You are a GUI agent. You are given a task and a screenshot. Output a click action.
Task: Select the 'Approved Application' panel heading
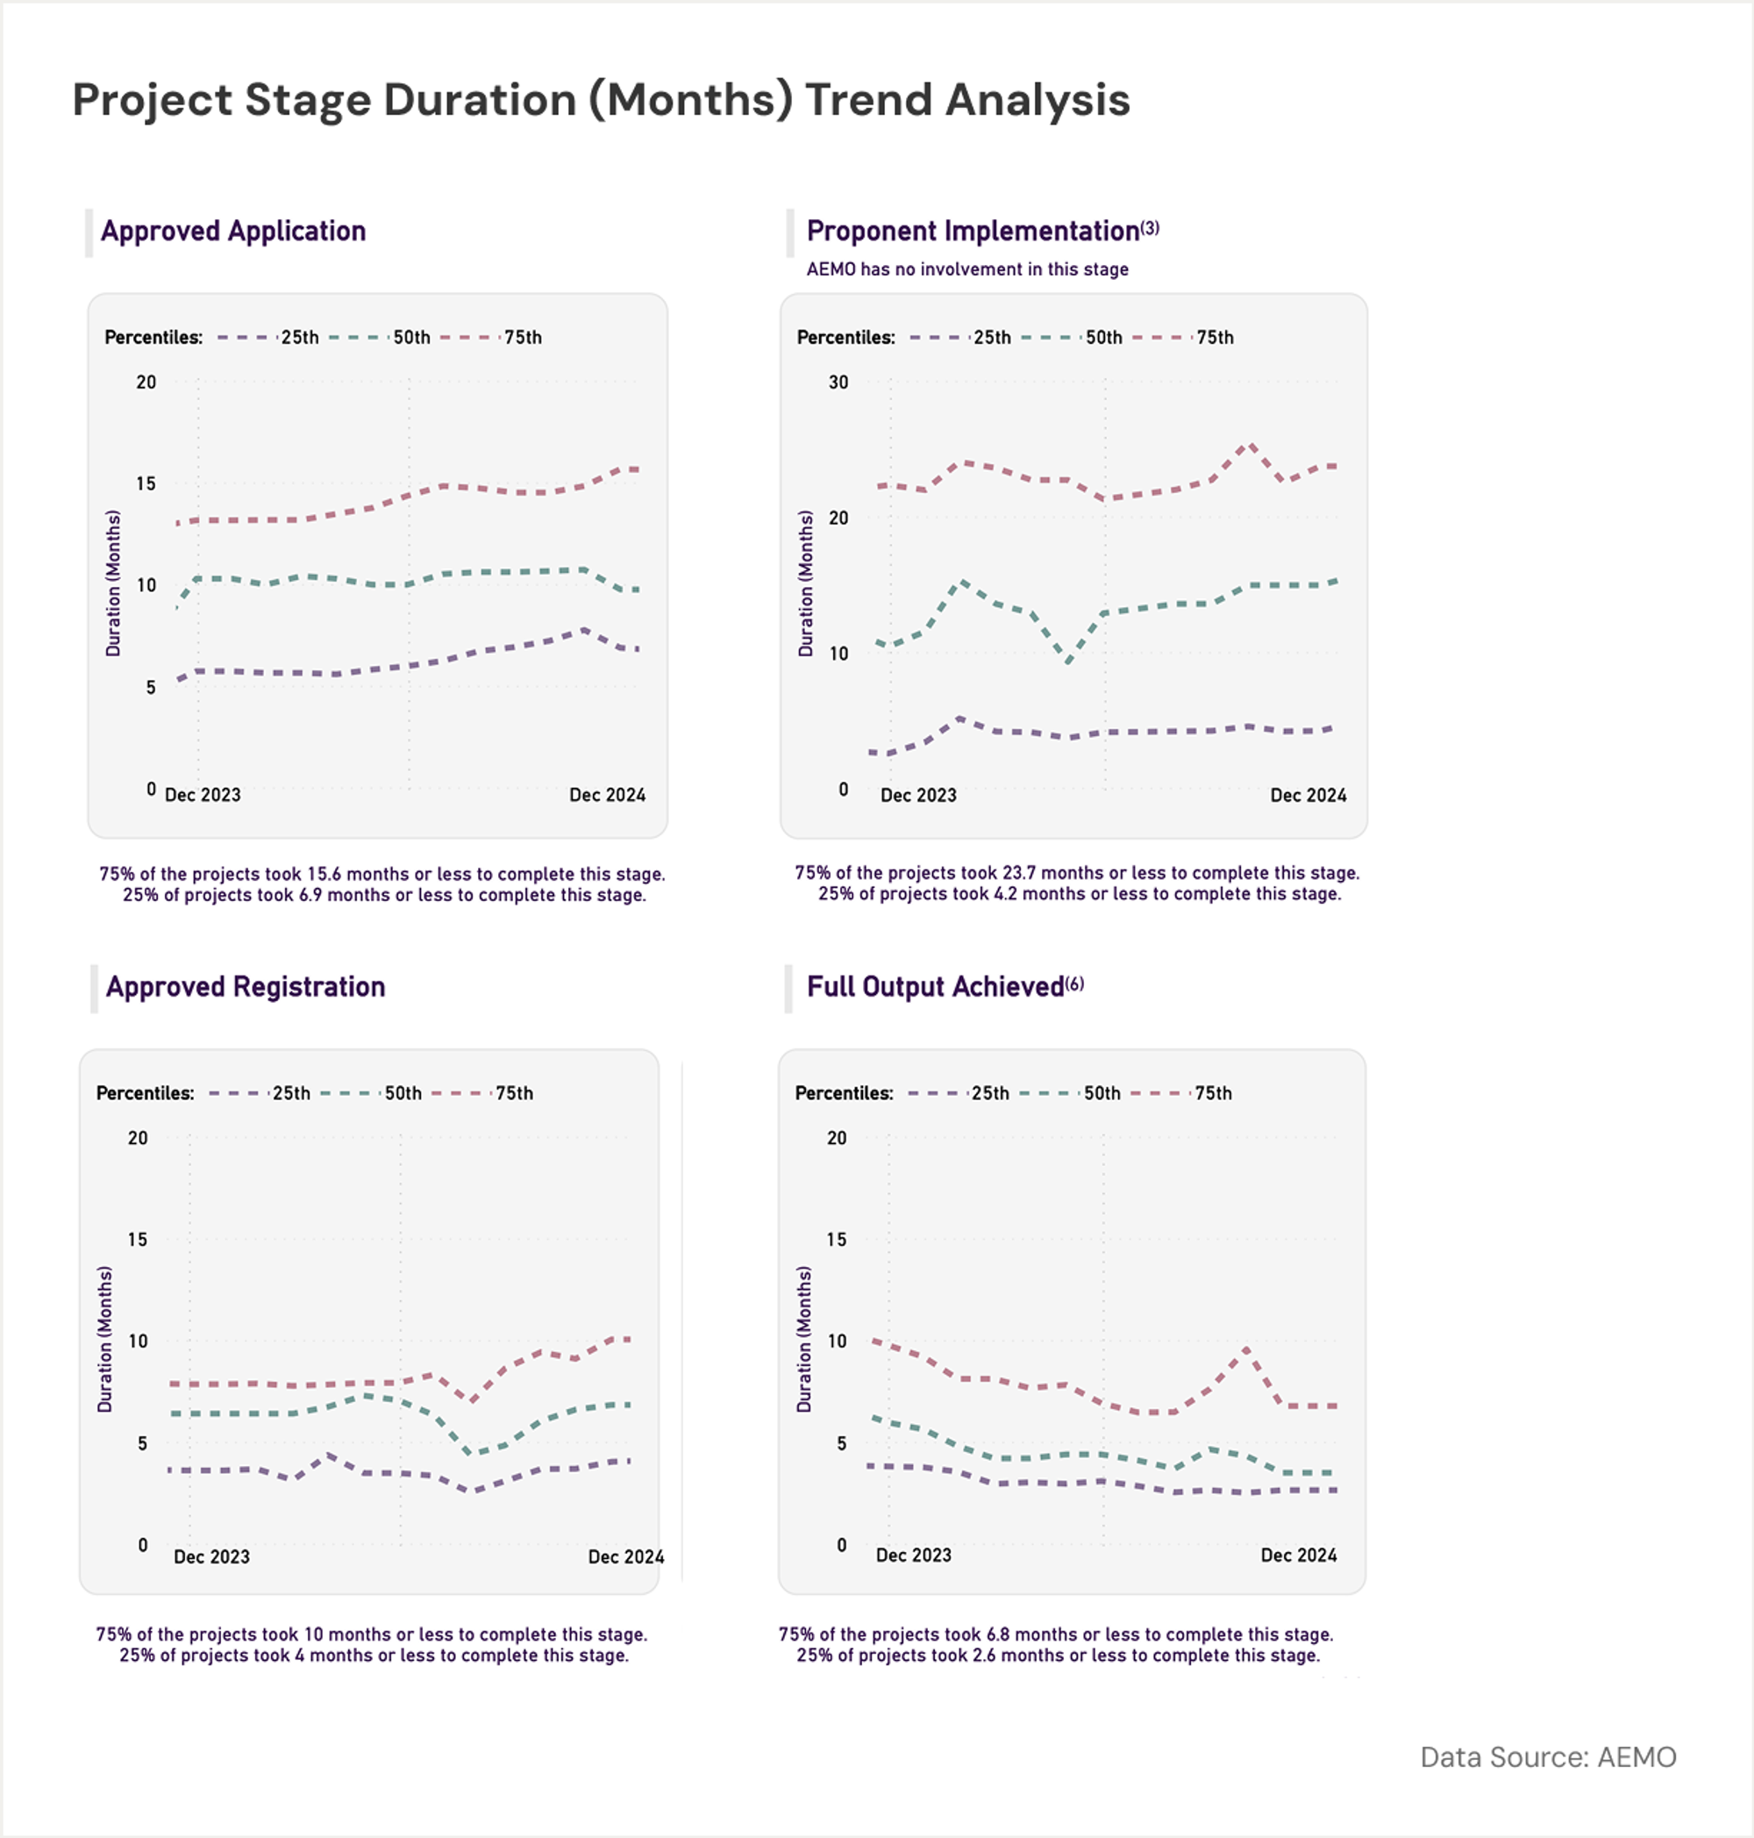[x=232, y=231]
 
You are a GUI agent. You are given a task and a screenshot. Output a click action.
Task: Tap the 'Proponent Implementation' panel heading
[x=973, y=231]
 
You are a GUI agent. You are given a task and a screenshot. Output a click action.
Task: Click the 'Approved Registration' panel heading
[x=245, y=987]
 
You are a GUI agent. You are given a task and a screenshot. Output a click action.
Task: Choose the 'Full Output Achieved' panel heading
[x=935, y=987]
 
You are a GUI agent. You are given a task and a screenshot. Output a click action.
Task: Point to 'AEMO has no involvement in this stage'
[x=966, y=269]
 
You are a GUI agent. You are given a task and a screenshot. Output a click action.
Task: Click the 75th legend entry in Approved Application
[x=522, y=338]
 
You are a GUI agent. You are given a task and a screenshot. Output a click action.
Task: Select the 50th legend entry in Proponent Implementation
[x=1102, y=338]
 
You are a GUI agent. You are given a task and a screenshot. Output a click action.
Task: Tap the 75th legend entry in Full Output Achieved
[x=1212, y=1093]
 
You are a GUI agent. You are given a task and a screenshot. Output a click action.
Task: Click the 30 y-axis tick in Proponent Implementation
[x=838, y=383]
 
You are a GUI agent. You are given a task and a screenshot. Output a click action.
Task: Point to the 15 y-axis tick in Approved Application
[x=146, y=483]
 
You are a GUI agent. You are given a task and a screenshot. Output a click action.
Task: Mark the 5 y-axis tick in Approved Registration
[x=142, y=1443]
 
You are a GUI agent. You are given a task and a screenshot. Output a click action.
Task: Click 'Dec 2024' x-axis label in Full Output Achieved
[x=1298, y=1556]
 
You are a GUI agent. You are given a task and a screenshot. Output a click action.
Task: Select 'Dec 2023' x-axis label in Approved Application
[x=202, y=795]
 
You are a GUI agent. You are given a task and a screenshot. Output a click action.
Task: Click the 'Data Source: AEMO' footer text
[x=1547, y=1757]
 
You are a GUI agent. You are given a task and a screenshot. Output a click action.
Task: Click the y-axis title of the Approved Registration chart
[x=104, y=1339]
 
